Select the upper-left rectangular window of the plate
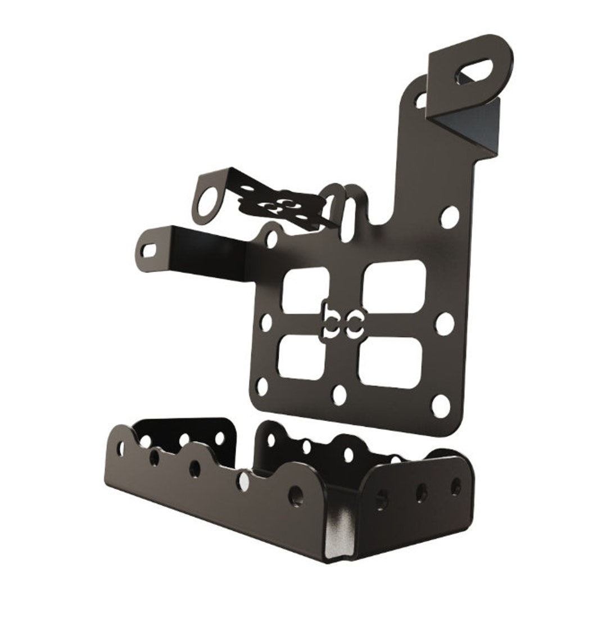305,290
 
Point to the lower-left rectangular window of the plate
302,357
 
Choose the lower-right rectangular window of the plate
391,363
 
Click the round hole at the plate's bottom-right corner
441,405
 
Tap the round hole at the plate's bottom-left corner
262,387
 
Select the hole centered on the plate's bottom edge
339,395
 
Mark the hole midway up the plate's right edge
445,324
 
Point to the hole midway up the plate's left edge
266,322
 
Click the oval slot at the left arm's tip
150,250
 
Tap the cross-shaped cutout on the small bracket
279,206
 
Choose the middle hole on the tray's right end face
421,493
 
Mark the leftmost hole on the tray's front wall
121,448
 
